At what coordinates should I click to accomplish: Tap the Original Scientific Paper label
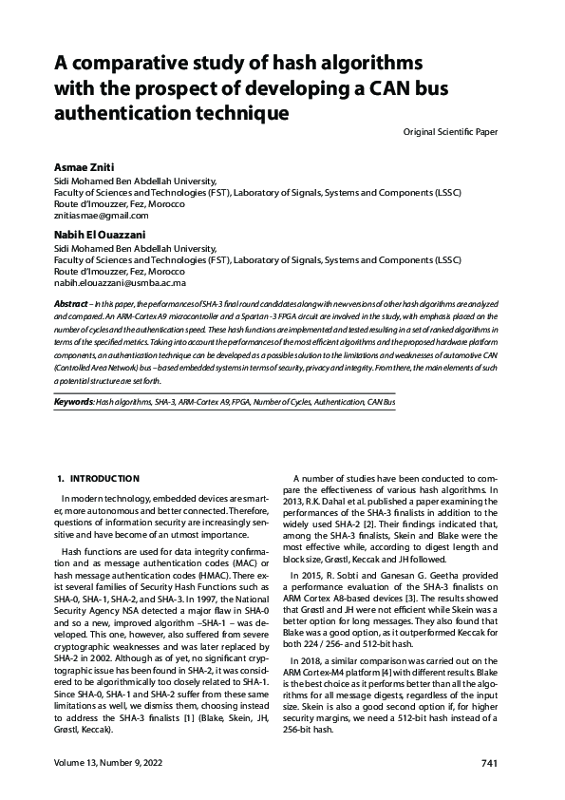450,130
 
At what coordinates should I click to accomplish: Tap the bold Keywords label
73,403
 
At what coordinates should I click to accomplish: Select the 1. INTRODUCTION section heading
99,478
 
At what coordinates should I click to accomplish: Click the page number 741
489,764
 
